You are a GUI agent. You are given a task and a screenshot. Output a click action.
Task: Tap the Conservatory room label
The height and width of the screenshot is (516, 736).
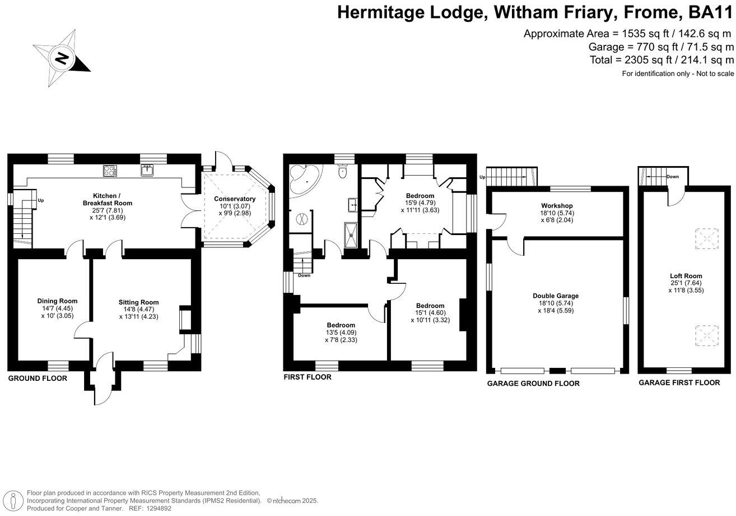(x=235, y=199)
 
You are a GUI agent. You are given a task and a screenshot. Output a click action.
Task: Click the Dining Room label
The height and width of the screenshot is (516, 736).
(x=57, y=301)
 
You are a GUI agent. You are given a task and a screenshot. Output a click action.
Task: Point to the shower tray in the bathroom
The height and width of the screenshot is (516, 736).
(x=352, y=234)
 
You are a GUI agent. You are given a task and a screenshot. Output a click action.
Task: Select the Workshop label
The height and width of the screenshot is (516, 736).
(x=556, y=206)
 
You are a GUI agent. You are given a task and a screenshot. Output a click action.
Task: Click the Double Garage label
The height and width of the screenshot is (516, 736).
(x=556, y=296)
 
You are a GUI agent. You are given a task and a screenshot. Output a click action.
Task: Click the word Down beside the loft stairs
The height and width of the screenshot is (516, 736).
(x=673, y=176)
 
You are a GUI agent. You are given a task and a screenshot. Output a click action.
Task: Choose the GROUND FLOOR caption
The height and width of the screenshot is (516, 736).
(x=38, y=379)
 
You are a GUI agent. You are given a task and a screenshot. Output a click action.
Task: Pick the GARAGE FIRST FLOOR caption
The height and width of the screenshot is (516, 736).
(x=679, y=383)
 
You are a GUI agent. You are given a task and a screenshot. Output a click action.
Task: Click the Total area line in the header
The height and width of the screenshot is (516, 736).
(x=662, y=59)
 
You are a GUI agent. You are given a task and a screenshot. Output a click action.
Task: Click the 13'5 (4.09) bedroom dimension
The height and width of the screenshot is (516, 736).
(x=341, y=333)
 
